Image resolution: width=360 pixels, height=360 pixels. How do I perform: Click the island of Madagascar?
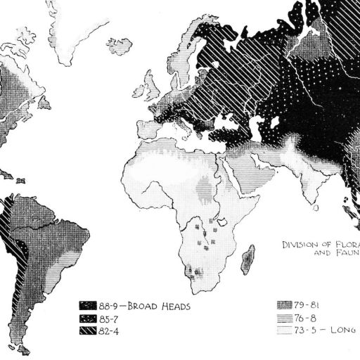click(x=247, y=259)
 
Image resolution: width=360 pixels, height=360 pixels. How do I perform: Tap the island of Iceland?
click(x=120, y=46)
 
